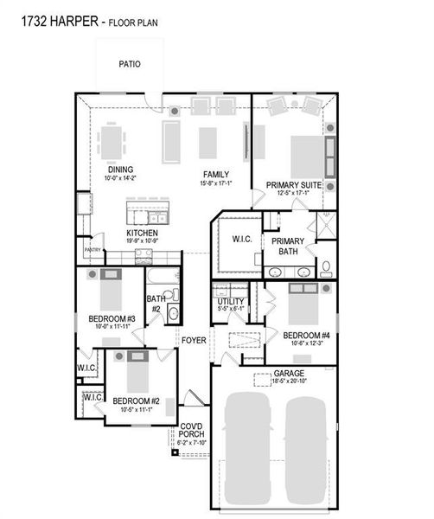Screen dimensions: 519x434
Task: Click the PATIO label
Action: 130,64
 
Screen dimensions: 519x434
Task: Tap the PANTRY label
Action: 93,249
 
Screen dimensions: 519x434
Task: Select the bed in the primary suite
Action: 305,156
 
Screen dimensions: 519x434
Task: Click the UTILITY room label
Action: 231,301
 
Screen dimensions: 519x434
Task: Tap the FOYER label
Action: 194,341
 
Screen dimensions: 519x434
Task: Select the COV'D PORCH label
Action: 191,430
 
